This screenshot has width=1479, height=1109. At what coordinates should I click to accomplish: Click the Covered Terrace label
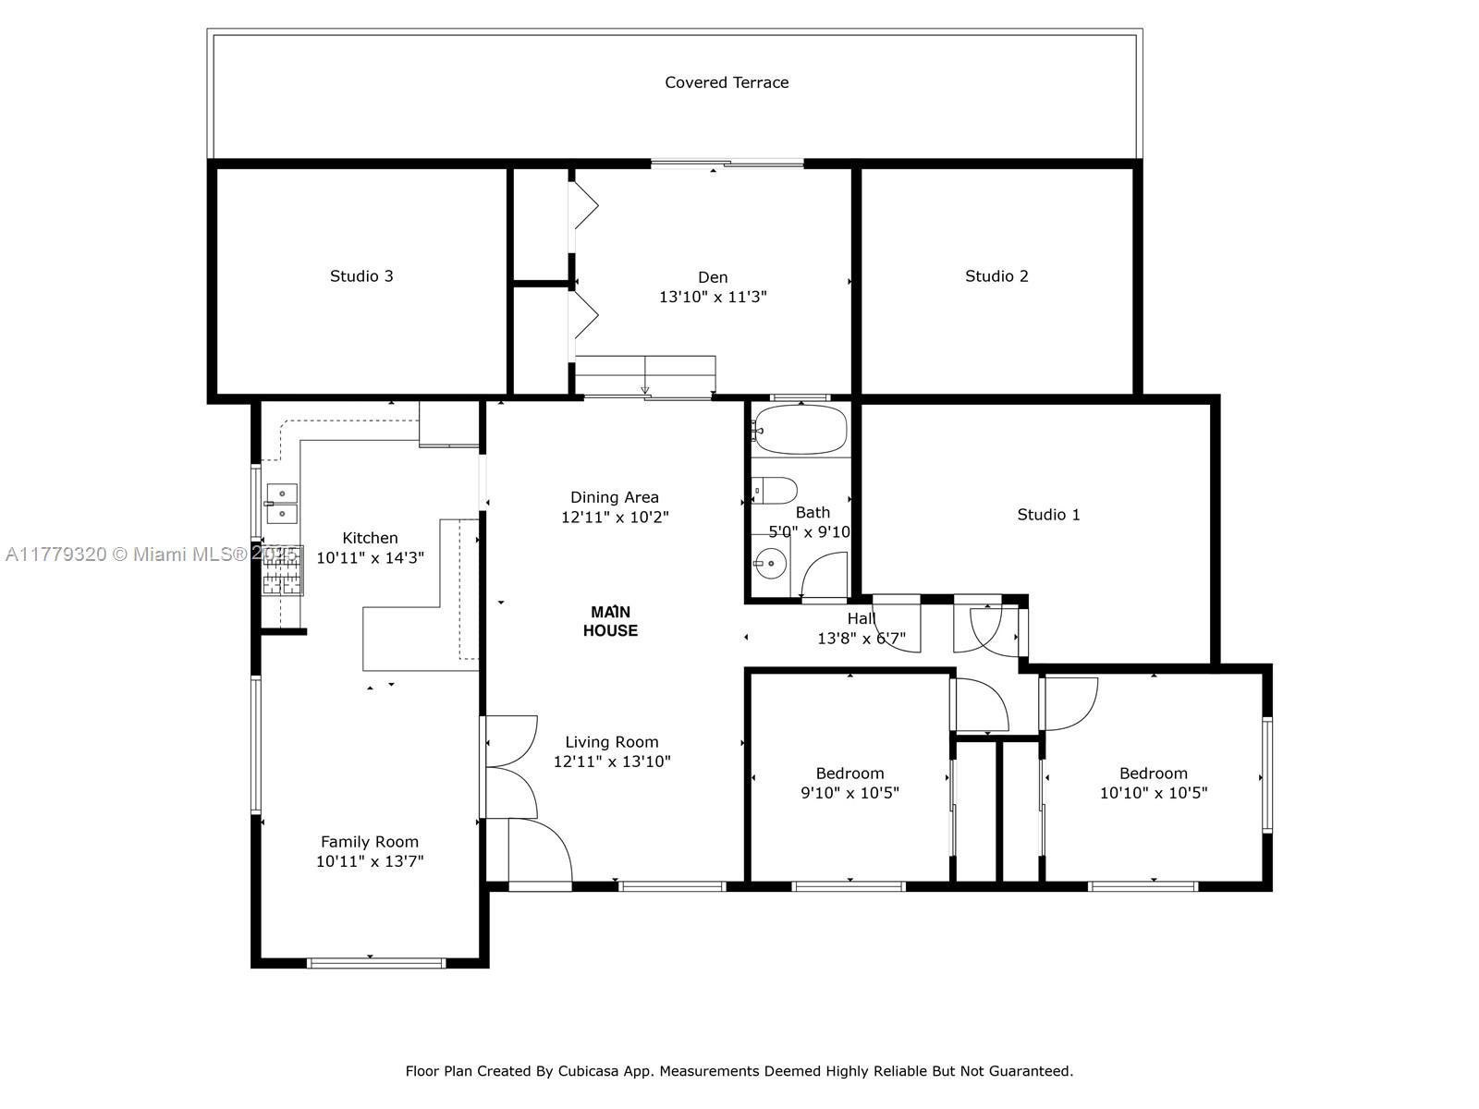click(x=727, y=82)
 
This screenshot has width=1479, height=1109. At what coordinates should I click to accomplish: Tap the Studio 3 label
click(x=361, y=276)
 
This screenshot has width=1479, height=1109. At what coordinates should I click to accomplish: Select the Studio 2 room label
click(x=996, y=276)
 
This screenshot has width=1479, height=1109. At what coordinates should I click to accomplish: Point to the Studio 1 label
click(x=1048, y=515)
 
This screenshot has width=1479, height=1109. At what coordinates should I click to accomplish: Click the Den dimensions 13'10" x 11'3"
click(x=713, y=298)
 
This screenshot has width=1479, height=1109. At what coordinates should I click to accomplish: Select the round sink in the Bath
click(x=768, y=563)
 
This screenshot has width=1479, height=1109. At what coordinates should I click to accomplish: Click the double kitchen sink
click(x=282, y=504)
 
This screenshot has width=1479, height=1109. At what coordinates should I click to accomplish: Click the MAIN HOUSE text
click(x=610, y=621)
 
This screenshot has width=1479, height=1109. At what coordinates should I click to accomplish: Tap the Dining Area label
click(x=615, y=497)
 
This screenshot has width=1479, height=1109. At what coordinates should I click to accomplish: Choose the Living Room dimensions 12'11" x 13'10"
click(x=612, y=762)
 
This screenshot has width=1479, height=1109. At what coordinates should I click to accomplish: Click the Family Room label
click(x=370, y=842)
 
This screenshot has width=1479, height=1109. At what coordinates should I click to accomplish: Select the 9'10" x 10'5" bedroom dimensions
click(x=850, y=793)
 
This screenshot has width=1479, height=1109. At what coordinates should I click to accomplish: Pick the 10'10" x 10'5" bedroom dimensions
click(x=1154, y=793)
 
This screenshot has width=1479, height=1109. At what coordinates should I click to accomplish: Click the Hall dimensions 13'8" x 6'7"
click(x=862, y=639)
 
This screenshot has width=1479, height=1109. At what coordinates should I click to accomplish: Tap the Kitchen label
click(x=370, y=538)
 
